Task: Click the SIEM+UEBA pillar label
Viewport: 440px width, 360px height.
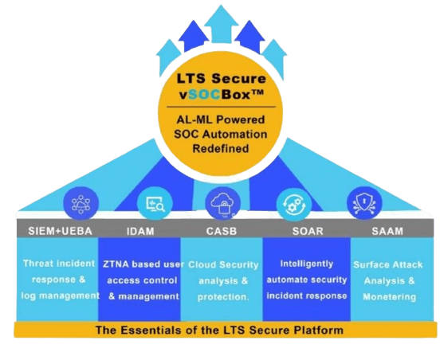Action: (60, 231)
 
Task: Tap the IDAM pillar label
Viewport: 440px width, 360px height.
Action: (140, 231)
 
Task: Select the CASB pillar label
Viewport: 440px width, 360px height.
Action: (222, 231)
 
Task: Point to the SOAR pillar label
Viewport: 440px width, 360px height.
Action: (308, 231)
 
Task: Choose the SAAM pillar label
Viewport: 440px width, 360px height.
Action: (387, 231)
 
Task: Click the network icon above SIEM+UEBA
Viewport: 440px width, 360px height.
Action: (81, 203)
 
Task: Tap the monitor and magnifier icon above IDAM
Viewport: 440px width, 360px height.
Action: (155, 203)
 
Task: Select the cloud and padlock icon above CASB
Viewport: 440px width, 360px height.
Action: (222, 203)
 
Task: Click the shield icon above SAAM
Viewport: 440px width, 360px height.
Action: (364, 203)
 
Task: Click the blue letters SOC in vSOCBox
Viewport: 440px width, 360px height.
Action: (204, 95)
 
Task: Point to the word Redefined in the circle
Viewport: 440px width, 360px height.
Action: (221, 148)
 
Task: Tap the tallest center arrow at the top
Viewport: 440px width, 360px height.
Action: (221, 25)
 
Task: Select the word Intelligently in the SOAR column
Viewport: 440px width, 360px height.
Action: (307, 264)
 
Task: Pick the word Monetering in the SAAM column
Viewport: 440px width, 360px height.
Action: (389, 296)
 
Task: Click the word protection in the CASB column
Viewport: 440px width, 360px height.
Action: (222, 297)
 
